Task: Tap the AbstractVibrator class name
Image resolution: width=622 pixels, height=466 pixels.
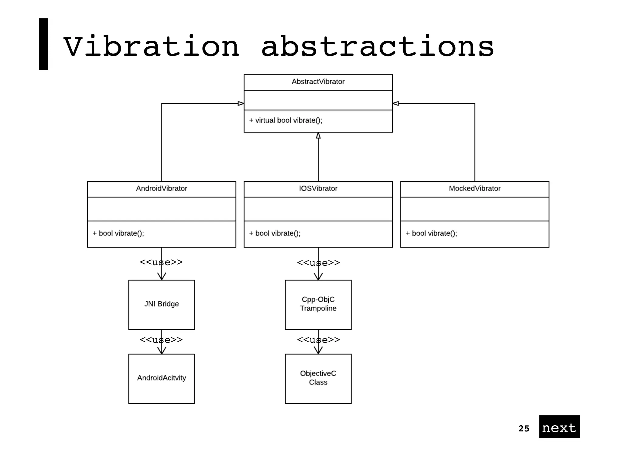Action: [x=318, y=82]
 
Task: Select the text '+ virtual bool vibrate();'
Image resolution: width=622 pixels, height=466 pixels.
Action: [x=285, y=120]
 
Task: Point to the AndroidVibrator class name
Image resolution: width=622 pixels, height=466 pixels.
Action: [x=162, y=188]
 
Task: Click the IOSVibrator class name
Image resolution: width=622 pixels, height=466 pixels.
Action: [x=318, y=188]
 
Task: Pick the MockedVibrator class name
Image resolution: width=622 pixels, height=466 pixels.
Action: [x=475, y=188]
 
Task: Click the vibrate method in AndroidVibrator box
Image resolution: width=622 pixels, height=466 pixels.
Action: [x=118, y=233]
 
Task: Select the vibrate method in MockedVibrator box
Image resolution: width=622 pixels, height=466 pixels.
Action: [x=431, y=233]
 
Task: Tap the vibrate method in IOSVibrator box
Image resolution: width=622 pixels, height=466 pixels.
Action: [x=275, y=233]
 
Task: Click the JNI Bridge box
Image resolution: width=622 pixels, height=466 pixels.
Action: [x=162, y=304]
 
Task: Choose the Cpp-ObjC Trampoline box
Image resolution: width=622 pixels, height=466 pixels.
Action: [x=318, y=304]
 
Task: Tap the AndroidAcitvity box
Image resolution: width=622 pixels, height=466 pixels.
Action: [x=162, y=378]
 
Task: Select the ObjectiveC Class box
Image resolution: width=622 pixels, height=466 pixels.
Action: [x=318, y=378]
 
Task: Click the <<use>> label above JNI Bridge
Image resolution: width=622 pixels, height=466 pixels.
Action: [x=161, y=262]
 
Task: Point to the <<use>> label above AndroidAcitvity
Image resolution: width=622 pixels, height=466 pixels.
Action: [x=161, y=340]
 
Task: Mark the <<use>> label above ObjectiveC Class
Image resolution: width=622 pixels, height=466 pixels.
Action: [x=318, y=340]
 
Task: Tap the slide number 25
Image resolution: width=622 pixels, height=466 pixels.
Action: [x=524, y=429]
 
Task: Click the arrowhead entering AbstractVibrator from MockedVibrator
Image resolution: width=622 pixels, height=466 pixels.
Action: [x=396, y=103]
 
